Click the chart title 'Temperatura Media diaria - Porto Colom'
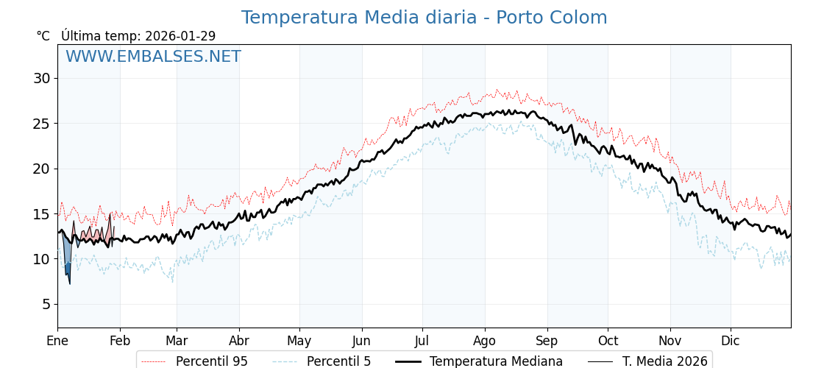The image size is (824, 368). tap(424, 18)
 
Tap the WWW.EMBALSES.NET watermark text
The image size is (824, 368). tap(153, 57)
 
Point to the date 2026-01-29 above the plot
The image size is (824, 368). tap(180, 36)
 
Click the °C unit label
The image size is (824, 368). tap(43, 36)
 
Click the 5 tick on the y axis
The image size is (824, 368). tap(45, 304)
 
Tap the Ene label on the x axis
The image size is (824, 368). tap(57, 341)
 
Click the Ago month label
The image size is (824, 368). tap(484, 341)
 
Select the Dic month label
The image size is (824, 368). tap(731, 341)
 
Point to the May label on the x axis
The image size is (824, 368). tap(299, 341)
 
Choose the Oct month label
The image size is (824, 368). tap(608, 341)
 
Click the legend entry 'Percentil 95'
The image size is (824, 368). tap(211, 361)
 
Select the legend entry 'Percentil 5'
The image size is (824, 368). tap(338, 361)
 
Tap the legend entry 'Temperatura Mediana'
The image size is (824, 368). tap(496, 361)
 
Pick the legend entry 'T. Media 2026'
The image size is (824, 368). tap(664, 361)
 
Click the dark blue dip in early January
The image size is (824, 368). tap(68, 269)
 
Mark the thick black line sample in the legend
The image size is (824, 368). tap(408, 361)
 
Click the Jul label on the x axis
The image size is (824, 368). tap(422, 341)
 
